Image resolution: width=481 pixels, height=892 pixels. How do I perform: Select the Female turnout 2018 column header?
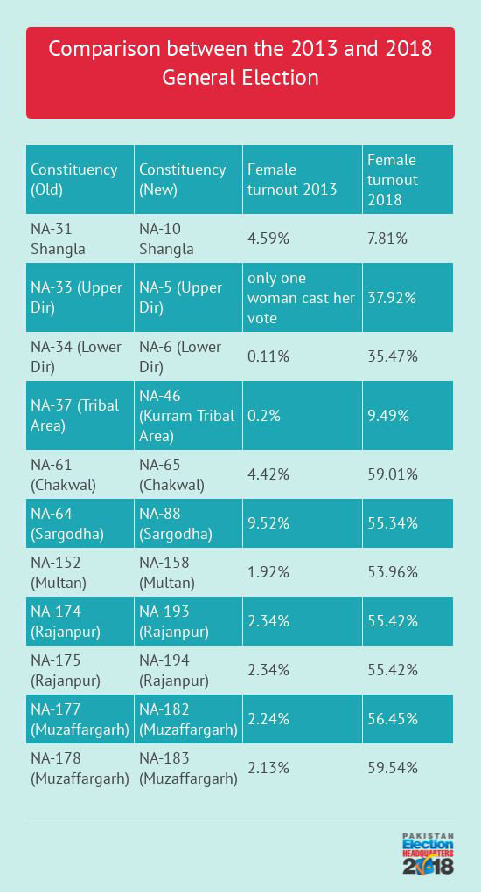pyautogui.click(x=393, y=180)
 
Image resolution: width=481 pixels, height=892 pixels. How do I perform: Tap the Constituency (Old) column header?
pyautogui.click(x=74, y=179)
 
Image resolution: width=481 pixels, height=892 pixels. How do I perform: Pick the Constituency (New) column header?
pyautogui.click(x=183, y=179)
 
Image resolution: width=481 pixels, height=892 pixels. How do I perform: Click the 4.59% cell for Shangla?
pyautogui.click(x=268, y=239)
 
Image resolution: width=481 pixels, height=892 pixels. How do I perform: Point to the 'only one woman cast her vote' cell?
pyautogui.click(x=301, y=298)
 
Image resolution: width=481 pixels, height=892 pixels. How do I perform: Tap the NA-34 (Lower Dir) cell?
pyautogui.click(x=76, y=356)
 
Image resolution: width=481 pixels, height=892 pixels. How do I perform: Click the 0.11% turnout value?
pyautogui.click(x=268, y=356)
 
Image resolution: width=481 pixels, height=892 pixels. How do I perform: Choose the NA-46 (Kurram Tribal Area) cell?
pyautogui.click(x=186, y=416)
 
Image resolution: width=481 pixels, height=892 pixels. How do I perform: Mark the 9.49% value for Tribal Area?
pyautogui.click(x=388, y=416)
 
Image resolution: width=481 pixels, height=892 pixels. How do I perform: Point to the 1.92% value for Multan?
pyautogui.click(x=268, y=571)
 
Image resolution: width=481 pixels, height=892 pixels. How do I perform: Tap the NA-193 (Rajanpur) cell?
pyautogui.click(x=174, y=621)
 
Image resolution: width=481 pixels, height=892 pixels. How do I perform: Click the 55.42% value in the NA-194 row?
pyautogui.click(x=393, y=669)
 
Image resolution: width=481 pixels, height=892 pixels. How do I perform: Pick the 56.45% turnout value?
pyautogui.click(x=393, y=718)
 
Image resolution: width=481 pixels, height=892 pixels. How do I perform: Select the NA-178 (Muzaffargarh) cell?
pyautogui.click(x=80, y=768)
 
